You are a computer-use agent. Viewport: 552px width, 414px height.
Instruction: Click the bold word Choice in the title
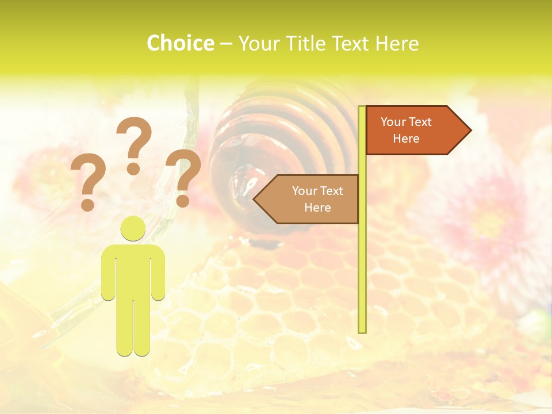click(180, 43)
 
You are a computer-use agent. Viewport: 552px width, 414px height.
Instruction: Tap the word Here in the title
click(397, 43)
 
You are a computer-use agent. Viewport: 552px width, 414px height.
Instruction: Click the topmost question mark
click(134, 145)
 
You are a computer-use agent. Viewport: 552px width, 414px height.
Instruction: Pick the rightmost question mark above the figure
click(183, 178)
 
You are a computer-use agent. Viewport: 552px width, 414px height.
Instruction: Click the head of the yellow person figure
click(133, 228)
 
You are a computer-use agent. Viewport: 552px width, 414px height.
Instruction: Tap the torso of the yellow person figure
click(133, 270)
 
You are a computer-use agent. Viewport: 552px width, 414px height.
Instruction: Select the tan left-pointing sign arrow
click(308, 199)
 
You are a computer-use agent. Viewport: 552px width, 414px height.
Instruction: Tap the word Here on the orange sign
click(406, 139)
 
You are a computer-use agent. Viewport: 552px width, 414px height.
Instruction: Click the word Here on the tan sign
click(317, 208)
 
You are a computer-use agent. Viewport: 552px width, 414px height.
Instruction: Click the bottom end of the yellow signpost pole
click(362, 330)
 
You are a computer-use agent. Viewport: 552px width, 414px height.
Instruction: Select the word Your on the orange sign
click(394, 122)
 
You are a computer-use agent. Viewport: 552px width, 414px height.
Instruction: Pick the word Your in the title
click(257, 43)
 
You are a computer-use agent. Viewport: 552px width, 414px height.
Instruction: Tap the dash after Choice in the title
click(226, 44)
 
